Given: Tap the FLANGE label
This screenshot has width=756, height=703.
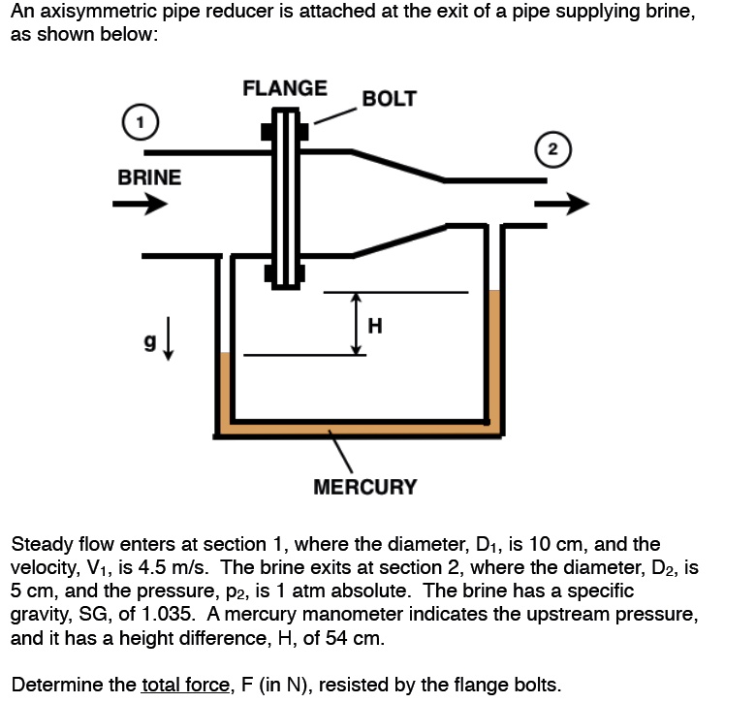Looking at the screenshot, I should (284, 88).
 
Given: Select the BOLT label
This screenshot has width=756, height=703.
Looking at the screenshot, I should (389, 99).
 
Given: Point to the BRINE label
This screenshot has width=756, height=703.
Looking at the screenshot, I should (148, 177).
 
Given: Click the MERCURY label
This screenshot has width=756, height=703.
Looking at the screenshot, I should (365, 487).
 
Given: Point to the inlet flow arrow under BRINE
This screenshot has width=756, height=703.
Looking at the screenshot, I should (140, 205).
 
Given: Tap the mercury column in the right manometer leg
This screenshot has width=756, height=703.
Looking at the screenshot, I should (494, 354).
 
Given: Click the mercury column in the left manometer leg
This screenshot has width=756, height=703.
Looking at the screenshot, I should (225, 388).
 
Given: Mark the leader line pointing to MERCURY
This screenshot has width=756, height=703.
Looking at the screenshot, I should (340, 454).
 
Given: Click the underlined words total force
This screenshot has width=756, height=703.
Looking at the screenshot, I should (186, 685).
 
